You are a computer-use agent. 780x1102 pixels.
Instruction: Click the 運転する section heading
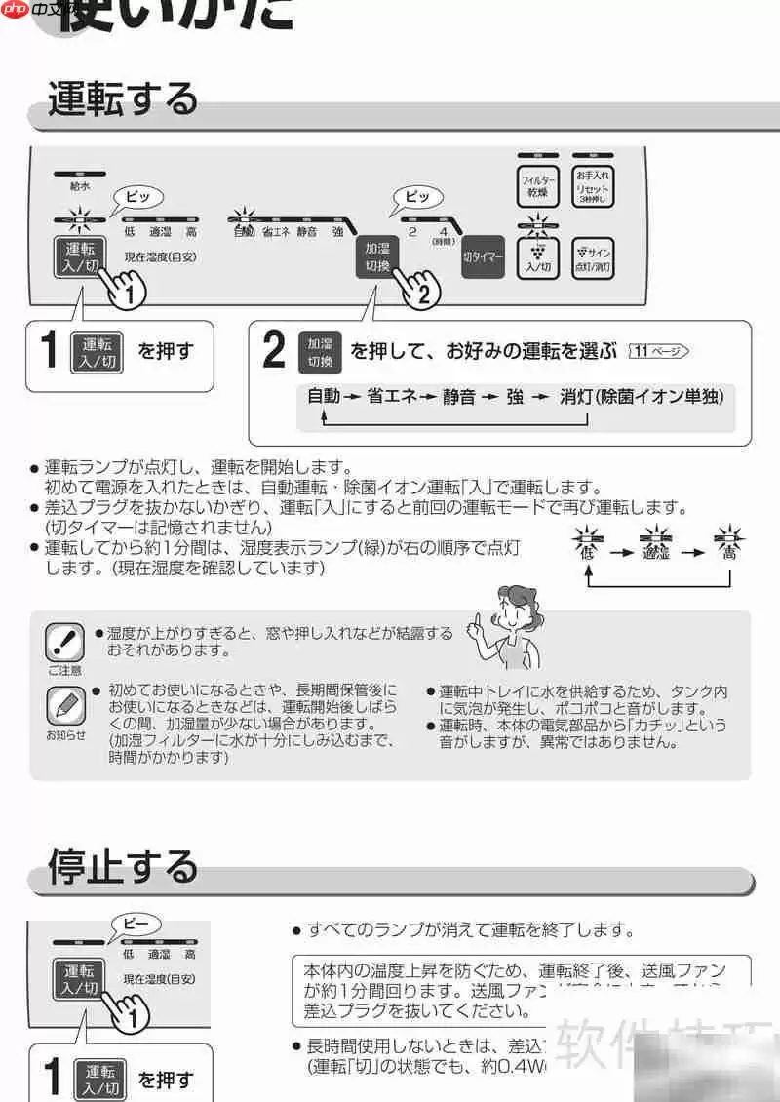123,99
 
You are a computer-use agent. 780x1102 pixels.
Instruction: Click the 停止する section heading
123,865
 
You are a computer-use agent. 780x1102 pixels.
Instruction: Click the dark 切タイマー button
483,257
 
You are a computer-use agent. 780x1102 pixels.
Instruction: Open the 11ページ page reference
659,351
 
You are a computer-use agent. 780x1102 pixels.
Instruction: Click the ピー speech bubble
136,922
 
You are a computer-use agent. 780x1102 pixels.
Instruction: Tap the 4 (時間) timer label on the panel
444,234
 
